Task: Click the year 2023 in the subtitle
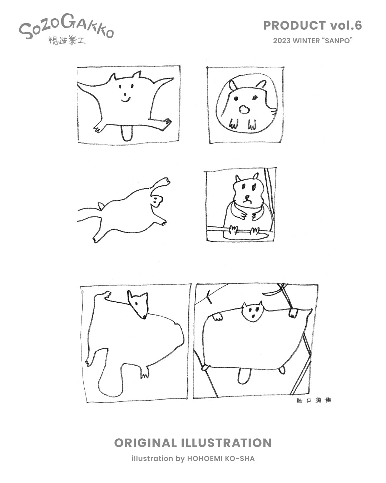click(282, 41)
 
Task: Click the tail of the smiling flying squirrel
click(125, 133)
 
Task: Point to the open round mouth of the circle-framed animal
click(244, 109)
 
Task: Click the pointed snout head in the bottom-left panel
click(138, 304)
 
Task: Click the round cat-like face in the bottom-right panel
click(252, 311)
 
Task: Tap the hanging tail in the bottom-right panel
click(243, 376)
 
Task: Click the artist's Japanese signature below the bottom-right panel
click(314, 400)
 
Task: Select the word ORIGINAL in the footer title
click(145, 443)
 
